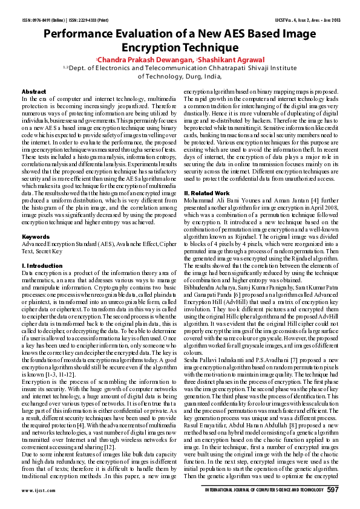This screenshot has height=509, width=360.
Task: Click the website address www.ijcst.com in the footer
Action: tap(34, 490)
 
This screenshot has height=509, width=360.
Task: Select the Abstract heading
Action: tap(33, 91)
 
